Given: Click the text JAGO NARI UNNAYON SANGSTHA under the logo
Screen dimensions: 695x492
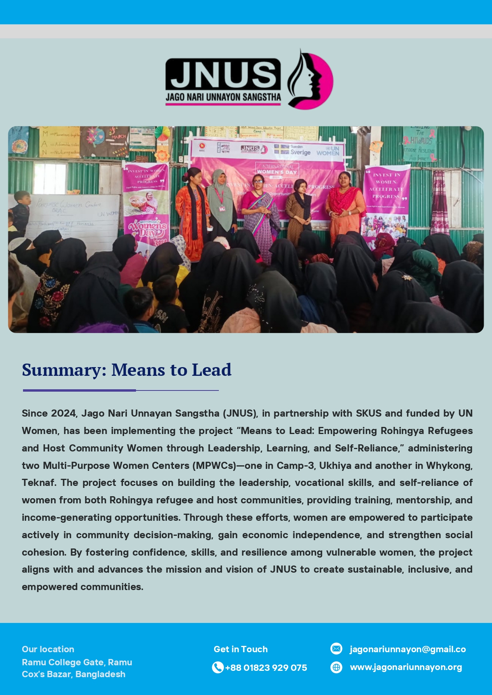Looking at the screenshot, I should click(223, 97).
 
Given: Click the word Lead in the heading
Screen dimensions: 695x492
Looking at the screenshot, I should click(211, 370).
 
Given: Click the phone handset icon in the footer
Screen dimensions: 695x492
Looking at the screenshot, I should click(218, 668).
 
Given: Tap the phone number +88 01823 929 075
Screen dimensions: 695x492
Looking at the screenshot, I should click(266, 668).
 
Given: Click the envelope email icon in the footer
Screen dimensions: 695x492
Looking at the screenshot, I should click(336, 649).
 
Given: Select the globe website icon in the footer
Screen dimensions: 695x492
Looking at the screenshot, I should click(336, 667).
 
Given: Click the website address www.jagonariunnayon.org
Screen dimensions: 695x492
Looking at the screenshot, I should click(406, 667).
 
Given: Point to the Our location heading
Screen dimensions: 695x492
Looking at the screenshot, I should click(48, 649).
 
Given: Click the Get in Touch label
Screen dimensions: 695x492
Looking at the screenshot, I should click(241, 649).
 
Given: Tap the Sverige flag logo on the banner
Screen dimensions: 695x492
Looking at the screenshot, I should click(293, 150).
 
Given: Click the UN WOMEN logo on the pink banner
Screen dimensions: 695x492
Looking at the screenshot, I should click(328, 151).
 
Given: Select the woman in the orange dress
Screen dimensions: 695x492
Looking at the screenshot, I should click(193, 214).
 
